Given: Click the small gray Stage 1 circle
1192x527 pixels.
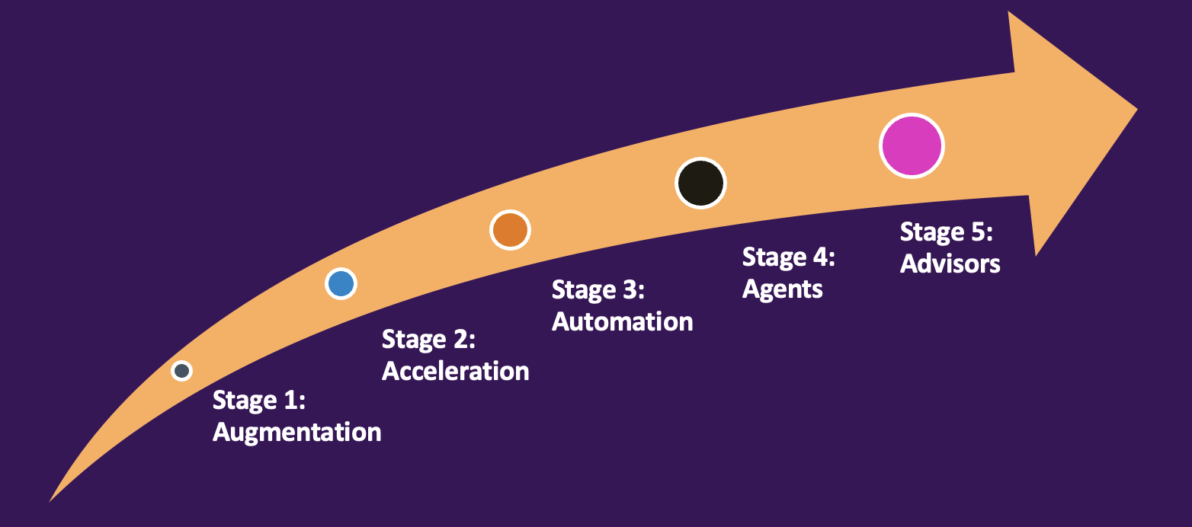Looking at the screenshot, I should coord(181,371).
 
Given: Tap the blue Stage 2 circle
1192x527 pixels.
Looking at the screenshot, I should coord(341,283).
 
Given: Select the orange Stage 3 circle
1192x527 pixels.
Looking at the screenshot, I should coord(509,229).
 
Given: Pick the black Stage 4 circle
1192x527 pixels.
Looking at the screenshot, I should coord(700,183).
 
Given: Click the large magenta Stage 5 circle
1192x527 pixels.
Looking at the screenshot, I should coord(912,145).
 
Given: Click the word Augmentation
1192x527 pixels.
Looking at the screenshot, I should coord(296,433).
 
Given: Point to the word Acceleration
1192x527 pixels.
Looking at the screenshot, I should coord(455,372).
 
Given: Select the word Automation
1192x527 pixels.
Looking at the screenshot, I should coord(622,321).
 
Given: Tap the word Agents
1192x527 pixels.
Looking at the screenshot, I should coord(783,289).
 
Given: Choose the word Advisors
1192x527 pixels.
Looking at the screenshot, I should coord(950,263).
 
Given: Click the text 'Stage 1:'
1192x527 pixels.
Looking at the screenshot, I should coord(258,400).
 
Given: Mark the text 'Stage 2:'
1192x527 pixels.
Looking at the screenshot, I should coord(428,339).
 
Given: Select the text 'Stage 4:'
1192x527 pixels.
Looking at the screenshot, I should coord(789,257).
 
